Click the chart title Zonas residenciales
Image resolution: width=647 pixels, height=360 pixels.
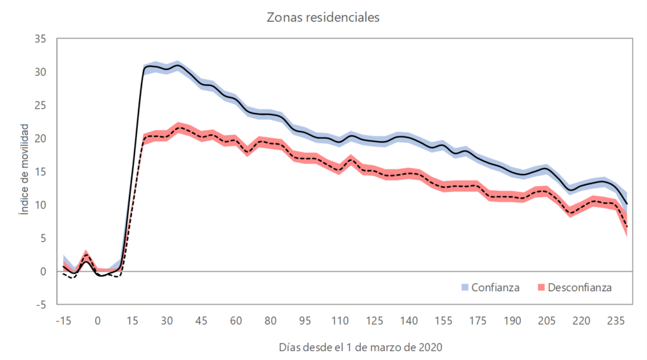point(323,18)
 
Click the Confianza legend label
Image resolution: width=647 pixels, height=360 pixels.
point(495,287)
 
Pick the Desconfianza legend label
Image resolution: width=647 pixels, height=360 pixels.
point(579,287)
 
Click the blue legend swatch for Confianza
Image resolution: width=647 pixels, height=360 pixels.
point(465,288)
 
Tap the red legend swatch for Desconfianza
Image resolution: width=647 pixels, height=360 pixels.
point(541,288)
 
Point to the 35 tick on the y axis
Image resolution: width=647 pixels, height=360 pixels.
point(41,39)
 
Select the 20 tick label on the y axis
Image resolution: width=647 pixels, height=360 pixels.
point(41,138)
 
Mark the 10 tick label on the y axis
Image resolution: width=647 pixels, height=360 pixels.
point(41,205)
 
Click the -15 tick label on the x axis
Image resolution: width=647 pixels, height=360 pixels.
point(63,320)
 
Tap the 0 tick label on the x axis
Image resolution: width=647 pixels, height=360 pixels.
point(97,320)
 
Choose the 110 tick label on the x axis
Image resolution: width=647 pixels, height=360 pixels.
point(340,320)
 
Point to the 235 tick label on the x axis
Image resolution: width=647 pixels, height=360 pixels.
point(617,320)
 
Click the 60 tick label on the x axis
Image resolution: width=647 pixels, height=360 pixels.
point(236,320)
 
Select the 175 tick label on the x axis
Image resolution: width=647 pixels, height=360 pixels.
point(478,320)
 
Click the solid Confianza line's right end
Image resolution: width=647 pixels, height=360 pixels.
point(626,204)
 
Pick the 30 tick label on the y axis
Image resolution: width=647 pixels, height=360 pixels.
point(41,72)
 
